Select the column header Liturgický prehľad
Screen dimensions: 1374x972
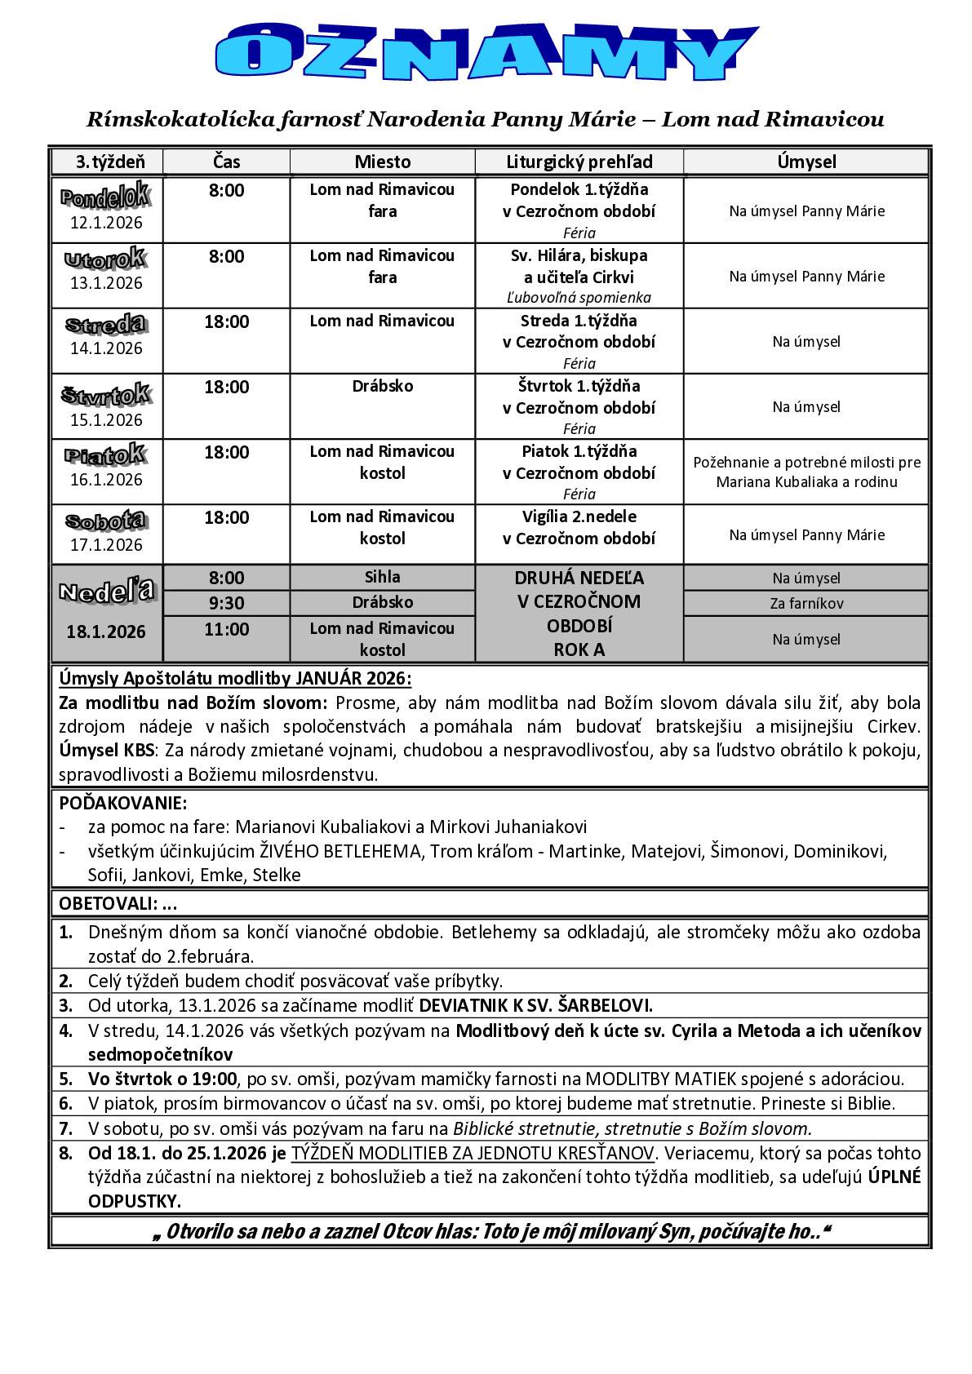pyautogui.click(x=579, y=162)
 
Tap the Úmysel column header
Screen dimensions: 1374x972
pyautogui.click(x=806, y=162)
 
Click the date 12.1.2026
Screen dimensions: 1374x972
pyautogui.click(x=106, y=223)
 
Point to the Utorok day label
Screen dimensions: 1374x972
pyautogui.click(x=106, y=260)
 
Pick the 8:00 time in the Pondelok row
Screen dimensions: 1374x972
pyautogui.click(x=226, y=191)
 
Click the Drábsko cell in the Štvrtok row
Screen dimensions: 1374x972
pyautogui.click(x=382, y=386)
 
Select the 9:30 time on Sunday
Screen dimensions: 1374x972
pyautogui.click(x=226, y=603)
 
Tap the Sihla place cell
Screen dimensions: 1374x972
pyautogui.click(x=382, y=577)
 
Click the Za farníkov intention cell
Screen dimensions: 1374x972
pyautogui.click(x=806, y=604)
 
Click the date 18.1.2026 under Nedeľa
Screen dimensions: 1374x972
pyautogui.click(x=107, y=632)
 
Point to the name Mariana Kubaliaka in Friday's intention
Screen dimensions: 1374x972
pyautogui.click(x=771, y=482)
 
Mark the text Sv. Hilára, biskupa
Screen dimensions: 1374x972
pyautogui.click(x=579, y=255)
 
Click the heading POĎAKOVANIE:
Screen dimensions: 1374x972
pyautogui.click(x=123, y=802)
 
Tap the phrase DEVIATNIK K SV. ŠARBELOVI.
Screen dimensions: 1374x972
pyautogui.click(x=535, y=1005)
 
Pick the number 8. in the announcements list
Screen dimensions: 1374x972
pyautogui.click(x=66, y=1153)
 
